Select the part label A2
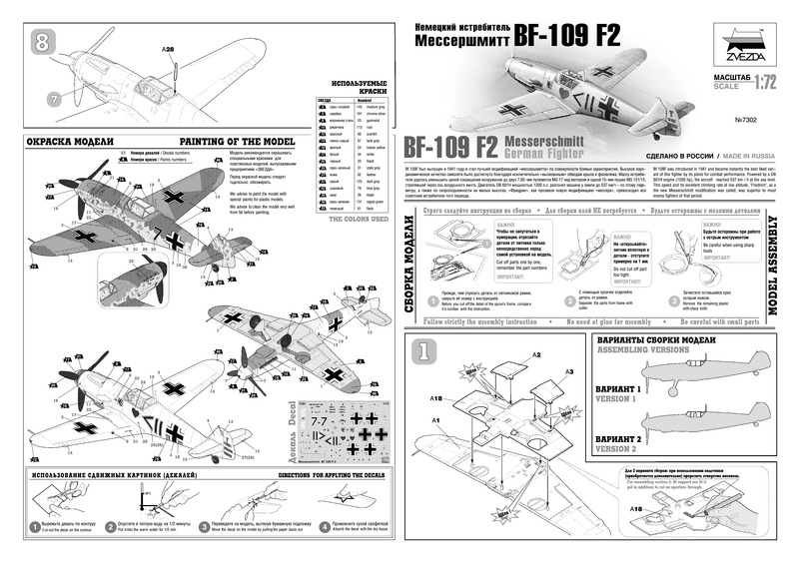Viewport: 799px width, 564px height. pos(537,355)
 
